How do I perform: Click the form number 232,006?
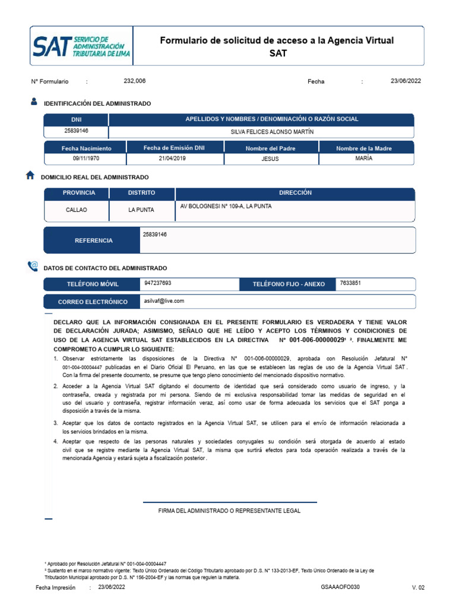pos(134,81)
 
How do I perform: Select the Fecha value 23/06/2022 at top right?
pos(406,81)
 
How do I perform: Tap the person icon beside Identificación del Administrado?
pos(33,102)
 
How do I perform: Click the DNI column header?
pos(76,119)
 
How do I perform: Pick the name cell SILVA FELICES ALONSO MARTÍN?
pos(272,132)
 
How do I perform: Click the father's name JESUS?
pos(270,159)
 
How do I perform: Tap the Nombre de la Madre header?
pos(364,148)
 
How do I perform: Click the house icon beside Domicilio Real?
pos(31,176)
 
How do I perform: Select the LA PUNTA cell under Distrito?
pos(141,210)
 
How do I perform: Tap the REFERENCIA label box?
pos(93,240)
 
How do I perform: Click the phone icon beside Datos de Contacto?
pos(33,267)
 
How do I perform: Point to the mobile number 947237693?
pos(158,284)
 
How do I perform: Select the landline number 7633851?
pos(350,284)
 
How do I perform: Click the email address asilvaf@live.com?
pos(164,301)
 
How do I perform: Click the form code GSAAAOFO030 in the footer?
pos(340,587)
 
